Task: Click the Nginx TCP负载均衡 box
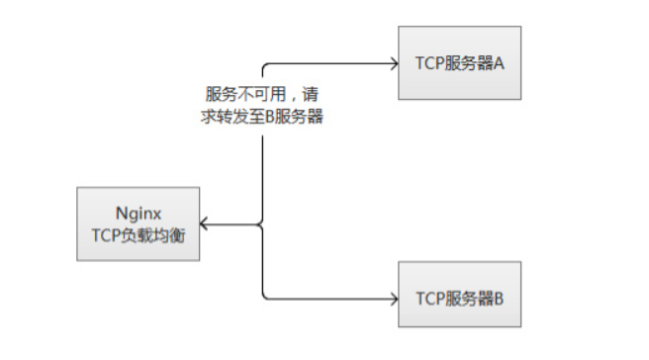[x=138, y=224]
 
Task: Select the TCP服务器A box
[x=459, y=64]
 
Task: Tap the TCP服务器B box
[x=459, y=296]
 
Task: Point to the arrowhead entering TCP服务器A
[x=392, y=64]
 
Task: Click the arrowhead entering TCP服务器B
[x=392, y=296]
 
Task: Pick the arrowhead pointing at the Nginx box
[x=202, y=225]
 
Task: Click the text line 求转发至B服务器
[x=263, y=115]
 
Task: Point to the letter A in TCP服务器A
[x=500, y=64]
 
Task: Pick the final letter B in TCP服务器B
[x=500, y=296]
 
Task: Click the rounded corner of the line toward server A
[x=265, y=67]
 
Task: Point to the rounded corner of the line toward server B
[x=265, y=293]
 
